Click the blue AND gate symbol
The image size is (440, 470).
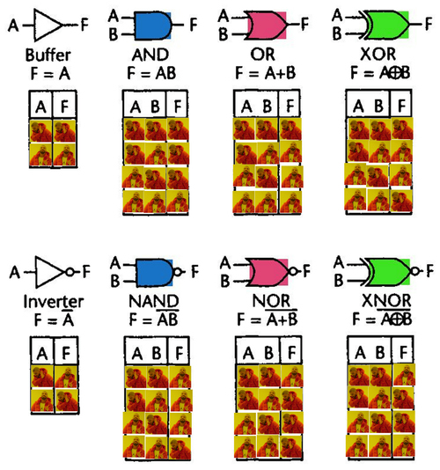[153, 26]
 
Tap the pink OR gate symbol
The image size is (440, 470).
[266, 26]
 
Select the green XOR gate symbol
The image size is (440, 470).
[385, 26]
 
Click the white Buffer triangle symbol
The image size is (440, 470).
[48, 26]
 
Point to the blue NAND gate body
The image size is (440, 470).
[155, 273]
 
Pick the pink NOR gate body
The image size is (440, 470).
[268, 272]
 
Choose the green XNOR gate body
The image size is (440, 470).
[386, 272]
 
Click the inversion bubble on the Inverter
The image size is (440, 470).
[70, 272]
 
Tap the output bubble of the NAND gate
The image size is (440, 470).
[178, 272]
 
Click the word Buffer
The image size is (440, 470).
[48, 55]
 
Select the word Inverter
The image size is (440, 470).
[54, 302]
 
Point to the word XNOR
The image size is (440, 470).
[386, 301]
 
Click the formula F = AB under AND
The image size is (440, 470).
[151, 73]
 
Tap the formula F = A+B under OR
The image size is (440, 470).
[266, 73]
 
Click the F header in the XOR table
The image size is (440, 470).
[401, 106]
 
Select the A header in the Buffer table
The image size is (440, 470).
[40, 106]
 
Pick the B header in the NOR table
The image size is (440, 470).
[268, 352]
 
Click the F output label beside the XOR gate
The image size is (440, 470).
[429, 24]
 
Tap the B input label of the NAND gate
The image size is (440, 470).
[115, 281]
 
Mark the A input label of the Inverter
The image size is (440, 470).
[14, 273]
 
